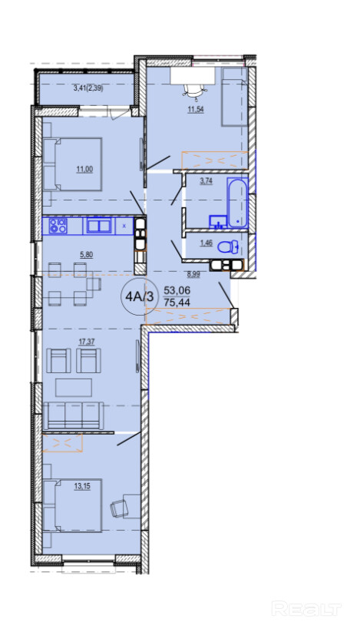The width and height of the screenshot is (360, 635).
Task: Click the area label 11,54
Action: tap(196, 109)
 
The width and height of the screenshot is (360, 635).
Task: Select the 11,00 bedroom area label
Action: tap(85, 169)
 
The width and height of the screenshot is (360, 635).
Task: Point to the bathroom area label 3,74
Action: tap(206, 182)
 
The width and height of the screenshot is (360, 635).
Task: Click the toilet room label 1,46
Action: tap(206, 243)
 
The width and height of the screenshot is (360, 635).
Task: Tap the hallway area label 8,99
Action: tap(193, 274)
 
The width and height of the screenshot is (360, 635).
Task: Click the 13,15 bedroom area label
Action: tap(82, 487)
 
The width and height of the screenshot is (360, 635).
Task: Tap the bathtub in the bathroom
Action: tap(237, 203)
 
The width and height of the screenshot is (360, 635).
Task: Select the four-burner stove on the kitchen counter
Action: tap(58, 226)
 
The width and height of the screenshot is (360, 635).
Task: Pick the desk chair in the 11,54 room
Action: tap(193, 92)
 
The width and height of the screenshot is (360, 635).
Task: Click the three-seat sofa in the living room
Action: tap(74, 415)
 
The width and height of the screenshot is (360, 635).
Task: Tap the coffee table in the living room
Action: tap(74, 388)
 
